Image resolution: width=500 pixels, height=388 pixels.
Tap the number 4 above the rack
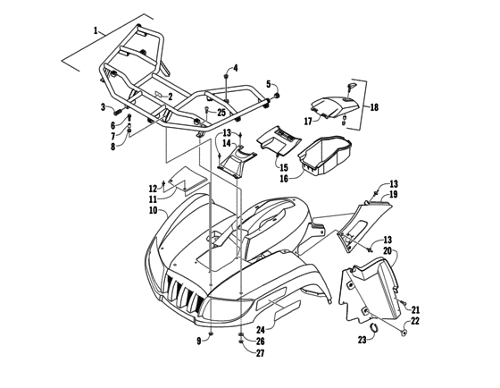click(x=236, y=68)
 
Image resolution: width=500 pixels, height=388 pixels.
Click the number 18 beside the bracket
click(x=373, y=107)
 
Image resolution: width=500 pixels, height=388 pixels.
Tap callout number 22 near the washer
click(x=414, y=321)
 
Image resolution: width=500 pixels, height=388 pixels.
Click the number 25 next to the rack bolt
click(x=221, y=112)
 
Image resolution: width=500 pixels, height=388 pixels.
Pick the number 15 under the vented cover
click(x=284, y=167)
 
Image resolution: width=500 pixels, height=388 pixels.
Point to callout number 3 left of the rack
click(x=104, y=107)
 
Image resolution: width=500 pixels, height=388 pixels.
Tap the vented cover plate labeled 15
click(x=280, y=142)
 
